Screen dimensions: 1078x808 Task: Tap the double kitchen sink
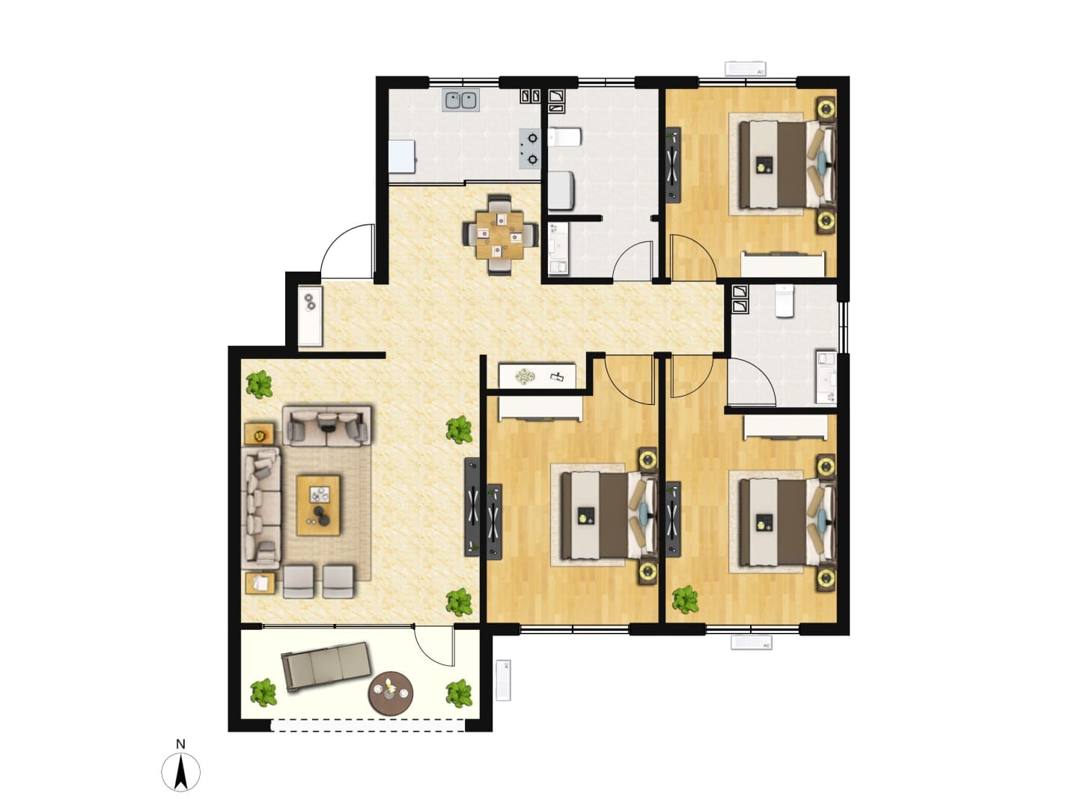pyautogui.click(x=461, y=100)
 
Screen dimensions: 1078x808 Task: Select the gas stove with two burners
pyautogui.click(x=531, y=149)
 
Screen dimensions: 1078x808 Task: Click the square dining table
pyautogui.click(x=500, y=235)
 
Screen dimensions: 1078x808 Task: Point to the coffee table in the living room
pyautogui.click(x=318, y=505)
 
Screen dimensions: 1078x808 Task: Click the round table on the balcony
pyautogui.click(x=391, y=693)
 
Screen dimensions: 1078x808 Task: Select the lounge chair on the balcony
pyautogui.click(x=326, y=666)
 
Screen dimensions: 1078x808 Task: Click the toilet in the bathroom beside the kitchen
pyautogui.click(x=564, y=137)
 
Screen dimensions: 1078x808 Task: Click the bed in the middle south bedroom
pyautogui.click(x=609, y=515)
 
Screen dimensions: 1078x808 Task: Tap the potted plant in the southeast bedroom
pyautogui.click(x=685, y=599)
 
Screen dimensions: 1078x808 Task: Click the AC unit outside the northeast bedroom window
pyautogui.click(x=746, y=69)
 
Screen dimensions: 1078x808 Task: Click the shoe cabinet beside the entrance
pyautogui.click(x=311, y=316)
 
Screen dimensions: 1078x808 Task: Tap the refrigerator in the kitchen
pyautogui.click(x=403, y=156)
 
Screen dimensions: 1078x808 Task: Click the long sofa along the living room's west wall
pyautogui.click(x=261, y=508)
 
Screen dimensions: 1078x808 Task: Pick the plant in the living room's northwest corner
pyautogui.click(x=259, y=384)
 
